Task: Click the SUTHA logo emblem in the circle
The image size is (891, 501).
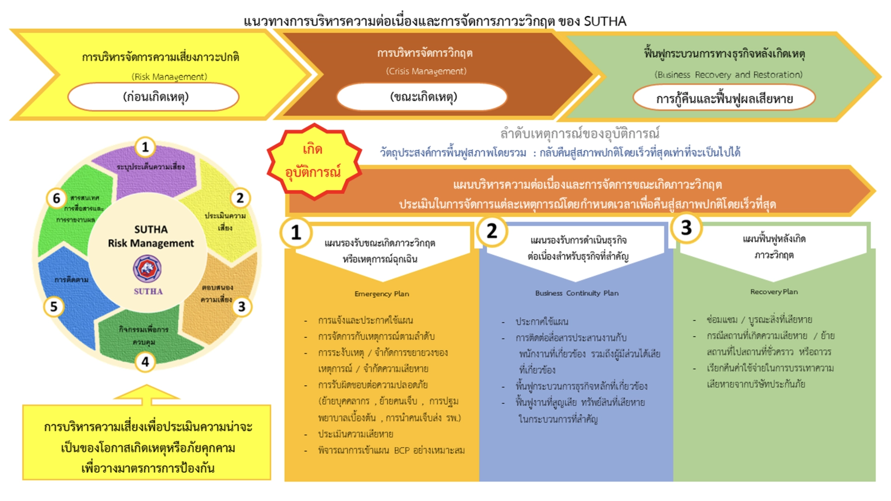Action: [x=147, y=269]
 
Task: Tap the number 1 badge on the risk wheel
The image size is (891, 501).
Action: [x=145, y=147]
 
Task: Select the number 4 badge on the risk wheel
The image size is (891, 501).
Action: [x=145, y=361]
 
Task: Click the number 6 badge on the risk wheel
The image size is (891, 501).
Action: [x=57, y=198]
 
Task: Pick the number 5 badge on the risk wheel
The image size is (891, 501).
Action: [x=54, y=307]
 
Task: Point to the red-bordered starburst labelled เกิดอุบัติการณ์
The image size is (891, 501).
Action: [x=314, y=161]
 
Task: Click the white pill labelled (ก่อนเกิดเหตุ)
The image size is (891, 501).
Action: [x=154, y=97]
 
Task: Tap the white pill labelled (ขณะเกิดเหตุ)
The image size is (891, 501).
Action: [x=422, y=97]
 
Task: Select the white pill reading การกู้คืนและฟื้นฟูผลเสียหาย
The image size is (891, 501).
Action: [x=724, y=98]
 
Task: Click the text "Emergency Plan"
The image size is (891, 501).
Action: [x=381, y=294]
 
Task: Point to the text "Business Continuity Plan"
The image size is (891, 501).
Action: [x=576, y=293]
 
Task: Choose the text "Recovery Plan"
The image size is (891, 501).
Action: [x=774, y=292]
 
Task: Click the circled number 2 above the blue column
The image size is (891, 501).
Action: [x=492, y=231]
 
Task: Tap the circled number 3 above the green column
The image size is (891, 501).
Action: [x=686, y=228]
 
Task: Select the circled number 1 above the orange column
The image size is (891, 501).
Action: [x=296, y=232]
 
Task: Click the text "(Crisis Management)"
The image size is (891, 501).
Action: [x=426, y=71]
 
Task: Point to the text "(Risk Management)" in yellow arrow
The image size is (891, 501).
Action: [x=169, y=77]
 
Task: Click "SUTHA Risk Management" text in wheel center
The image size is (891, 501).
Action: [x=151, y=236]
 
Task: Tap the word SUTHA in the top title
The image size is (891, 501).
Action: [x=605, y=21]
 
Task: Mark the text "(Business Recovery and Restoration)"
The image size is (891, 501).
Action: [x=728, y=75]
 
